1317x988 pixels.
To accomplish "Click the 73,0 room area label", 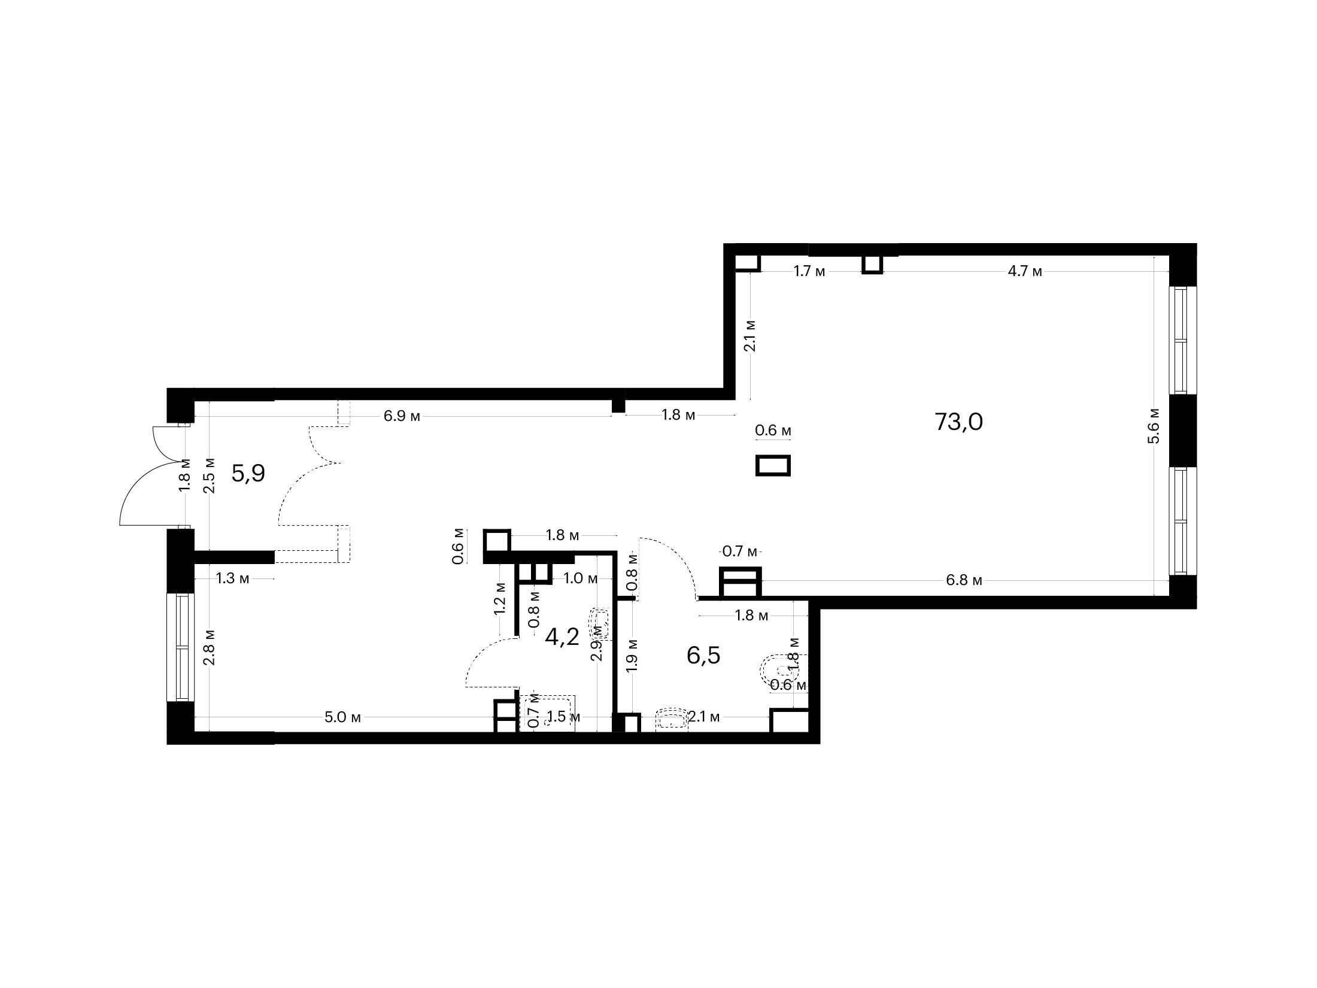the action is coord(958,422).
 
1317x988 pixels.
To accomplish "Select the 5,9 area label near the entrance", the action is coord(248,474).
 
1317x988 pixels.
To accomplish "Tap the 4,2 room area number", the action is coord(562,637).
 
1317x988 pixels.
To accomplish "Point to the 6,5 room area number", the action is coord(703,656).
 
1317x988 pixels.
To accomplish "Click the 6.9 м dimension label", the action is coord(402,416).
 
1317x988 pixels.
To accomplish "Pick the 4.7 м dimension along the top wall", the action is coord(1025,271).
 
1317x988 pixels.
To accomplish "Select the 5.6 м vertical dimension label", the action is coord(1155,426).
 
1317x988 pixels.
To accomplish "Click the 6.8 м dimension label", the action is coord(965,580).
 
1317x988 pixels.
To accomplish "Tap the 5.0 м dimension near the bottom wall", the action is coord(343,717).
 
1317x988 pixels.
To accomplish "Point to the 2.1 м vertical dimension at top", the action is coord(750,336).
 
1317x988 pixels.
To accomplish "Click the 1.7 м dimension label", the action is coord(809,271).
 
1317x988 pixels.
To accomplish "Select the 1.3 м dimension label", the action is coord(233,578).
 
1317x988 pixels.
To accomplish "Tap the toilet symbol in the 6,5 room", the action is coord(776,673).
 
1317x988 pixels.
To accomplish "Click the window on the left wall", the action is coord(180,647).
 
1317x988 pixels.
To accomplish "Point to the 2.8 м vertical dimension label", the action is coord(208,647).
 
